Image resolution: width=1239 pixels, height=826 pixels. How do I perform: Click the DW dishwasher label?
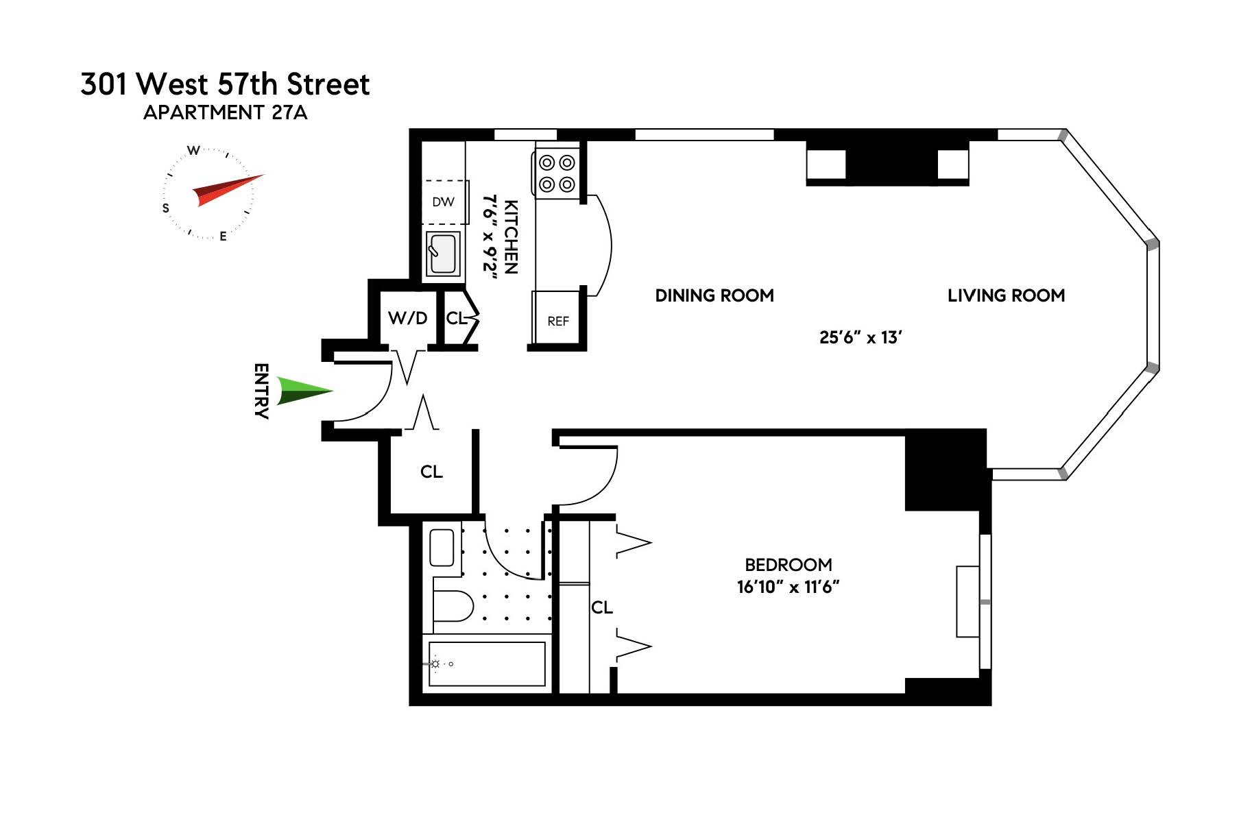443,202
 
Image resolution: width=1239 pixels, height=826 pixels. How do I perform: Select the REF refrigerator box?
558,320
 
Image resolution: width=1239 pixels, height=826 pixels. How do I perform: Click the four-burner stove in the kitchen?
557,173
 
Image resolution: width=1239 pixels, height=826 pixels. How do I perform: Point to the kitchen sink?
442,254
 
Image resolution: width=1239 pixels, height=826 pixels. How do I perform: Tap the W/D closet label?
407,318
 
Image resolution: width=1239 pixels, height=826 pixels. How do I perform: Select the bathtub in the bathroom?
487,664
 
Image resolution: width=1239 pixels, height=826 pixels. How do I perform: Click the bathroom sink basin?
442,548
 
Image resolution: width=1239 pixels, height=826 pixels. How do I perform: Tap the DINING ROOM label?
714,295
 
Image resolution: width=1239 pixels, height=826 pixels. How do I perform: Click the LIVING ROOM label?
1006,295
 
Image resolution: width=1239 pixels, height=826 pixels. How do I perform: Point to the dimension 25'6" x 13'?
860,337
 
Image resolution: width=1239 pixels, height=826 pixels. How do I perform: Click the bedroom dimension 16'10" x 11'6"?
788,587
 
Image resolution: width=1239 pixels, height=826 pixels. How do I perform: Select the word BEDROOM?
788,565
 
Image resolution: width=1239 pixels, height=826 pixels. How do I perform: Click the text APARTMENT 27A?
225,112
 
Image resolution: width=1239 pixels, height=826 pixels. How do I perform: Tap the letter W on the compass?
194,150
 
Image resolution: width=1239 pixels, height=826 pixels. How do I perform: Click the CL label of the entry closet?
431,472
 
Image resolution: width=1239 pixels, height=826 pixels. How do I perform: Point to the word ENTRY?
261,391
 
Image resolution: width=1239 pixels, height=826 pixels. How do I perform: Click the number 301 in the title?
104,84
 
